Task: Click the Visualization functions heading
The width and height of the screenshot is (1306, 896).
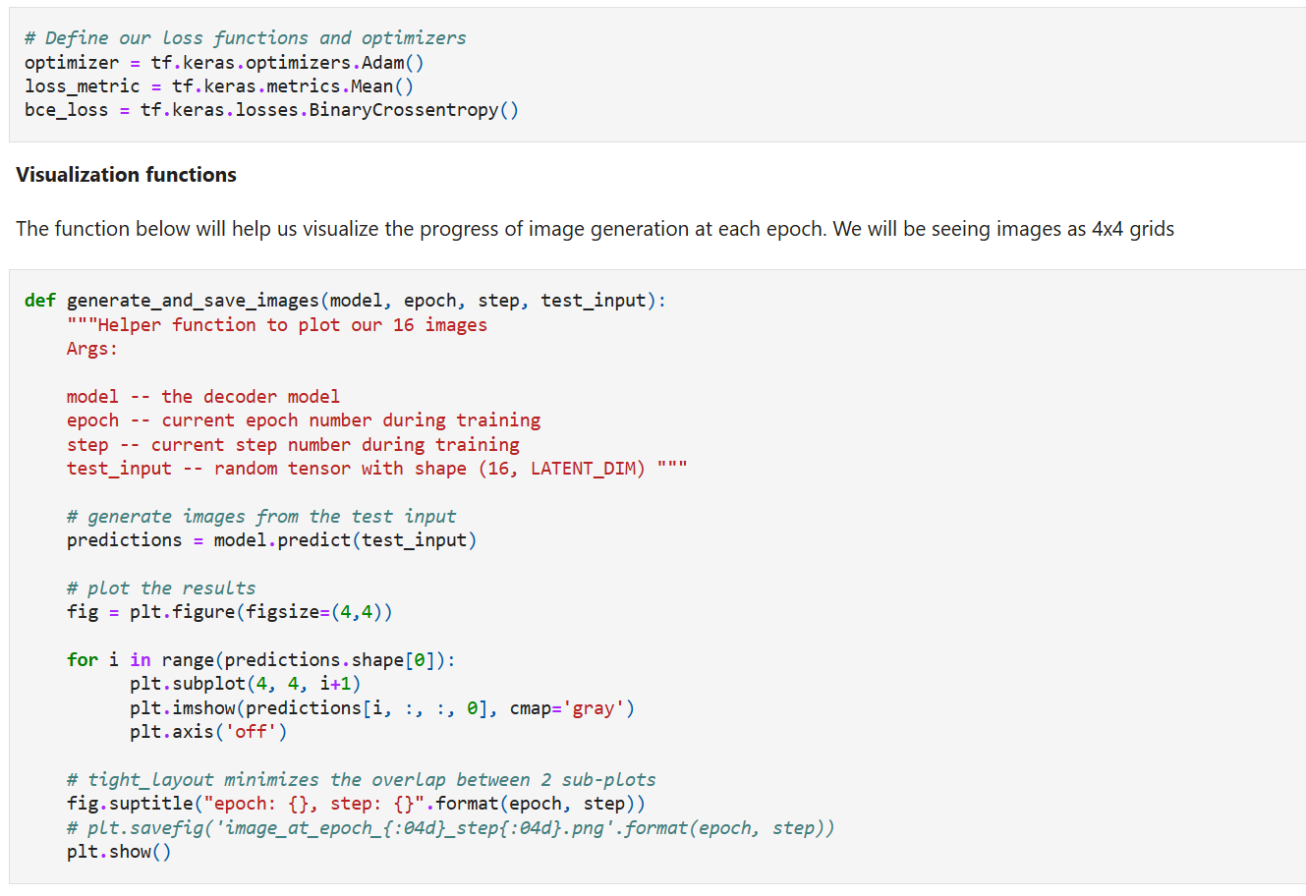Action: [126, 175]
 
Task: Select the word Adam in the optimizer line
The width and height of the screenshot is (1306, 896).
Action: [382, 63]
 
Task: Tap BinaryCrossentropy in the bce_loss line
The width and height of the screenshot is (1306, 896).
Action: [404, 110]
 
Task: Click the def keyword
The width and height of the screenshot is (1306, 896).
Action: [39, 301]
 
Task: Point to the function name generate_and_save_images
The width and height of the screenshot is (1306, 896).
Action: [193, 301]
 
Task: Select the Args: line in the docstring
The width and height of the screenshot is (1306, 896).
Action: [91, 349]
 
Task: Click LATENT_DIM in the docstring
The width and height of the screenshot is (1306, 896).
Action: [588, 469]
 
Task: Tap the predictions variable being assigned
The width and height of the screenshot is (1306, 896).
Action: [124, 540]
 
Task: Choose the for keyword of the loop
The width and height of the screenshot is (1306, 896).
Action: [82, 660]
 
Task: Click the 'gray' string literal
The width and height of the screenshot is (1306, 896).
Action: [594, 708]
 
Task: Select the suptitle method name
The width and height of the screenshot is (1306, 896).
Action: [150, 804]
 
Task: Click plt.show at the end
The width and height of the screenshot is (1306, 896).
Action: [118, 852]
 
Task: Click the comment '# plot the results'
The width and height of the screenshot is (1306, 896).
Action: [161, 588]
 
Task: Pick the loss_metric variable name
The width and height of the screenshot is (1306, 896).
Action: [82, 86]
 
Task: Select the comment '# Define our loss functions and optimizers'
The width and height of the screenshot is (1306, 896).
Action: [245, 38]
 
